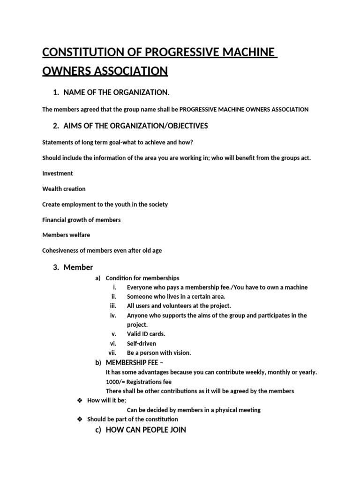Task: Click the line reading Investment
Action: [58, 173]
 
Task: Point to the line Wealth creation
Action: [64, 189]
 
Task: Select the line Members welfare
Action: [66, 235]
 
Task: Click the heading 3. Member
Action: [73, 268]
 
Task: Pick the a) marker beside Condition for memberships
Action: [98, 278]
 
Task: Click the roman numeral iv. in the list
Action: [113, 315]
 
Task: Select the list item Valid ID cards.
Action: [146, 334]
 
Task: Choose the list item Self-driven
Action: [141, 344]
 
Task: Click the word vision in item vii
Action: [182, 353]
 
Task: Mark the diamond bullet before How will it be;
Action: [79, 400]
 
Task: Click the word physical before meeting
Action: [220, 410]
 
